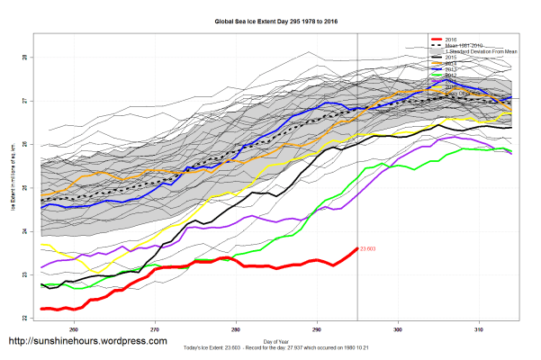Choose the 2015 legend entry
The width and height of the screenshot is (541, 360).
[451, 57]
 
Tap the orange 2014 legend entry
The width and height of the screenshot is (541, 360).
[451, 62]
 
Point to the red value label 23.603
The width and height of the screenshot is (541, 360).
[366, 248]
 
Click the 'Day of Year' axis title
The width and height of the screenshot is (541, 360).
[269, 341]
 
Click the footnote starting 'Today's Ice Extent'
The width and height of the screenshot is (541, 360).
[269, 347]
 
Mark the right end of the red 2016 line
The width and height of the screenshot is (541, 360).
[356, 248]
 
